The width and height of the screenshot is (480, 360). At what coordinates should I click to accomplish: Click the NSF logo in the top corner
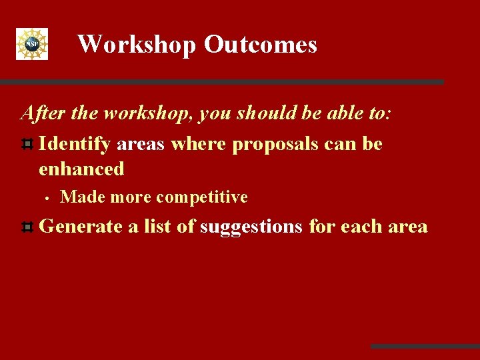[32, 44]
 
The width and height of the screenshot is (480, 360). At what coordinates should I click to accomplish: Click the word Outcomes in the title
[260, 45]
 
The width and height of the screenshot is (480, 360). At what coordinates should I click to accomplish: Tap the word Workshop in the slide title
[137, 45]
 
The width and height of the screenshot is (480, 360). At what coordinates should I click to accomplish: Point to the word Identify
[75, 144]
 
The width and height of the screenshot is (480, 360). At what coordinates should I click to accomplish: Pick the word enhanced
[81, 169]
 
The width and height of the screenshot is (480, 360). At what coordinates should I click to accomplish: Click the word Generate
[81, 227]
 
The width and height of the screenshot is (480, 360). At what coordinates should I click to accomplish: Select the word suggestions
[252, 227]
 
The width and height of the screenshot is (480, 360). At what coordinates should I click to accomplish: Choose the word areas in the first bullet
[141, 144]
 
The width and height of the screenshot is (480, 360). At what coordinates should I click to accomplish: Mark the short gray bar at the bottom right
[425, 346]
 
